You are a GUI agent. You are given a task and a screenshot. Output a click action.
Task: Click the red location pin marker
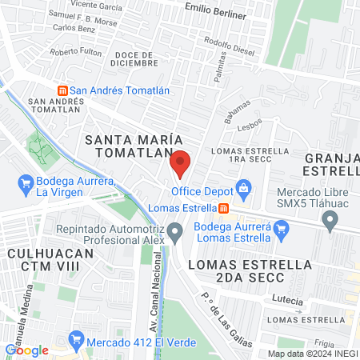[180, 163]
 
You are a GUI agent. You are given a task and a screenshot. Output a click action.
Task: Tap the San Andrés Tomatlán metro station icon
[62, 91]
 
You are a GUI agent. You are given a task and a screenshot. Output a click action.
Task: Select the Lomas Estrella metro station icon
[223, 209]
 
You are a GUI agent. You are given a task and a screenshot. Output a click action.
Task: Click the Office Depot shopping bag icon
[243, 190]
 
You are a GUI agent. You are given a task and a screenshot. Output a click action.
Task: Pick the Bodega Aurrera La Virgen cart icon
[26, 186]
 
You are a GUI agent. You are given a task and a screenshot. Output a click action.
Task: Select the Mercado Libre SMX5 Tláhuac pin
[330, 222]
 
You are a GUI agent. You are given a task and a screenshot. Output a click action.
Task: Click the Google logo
[26, 350]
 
